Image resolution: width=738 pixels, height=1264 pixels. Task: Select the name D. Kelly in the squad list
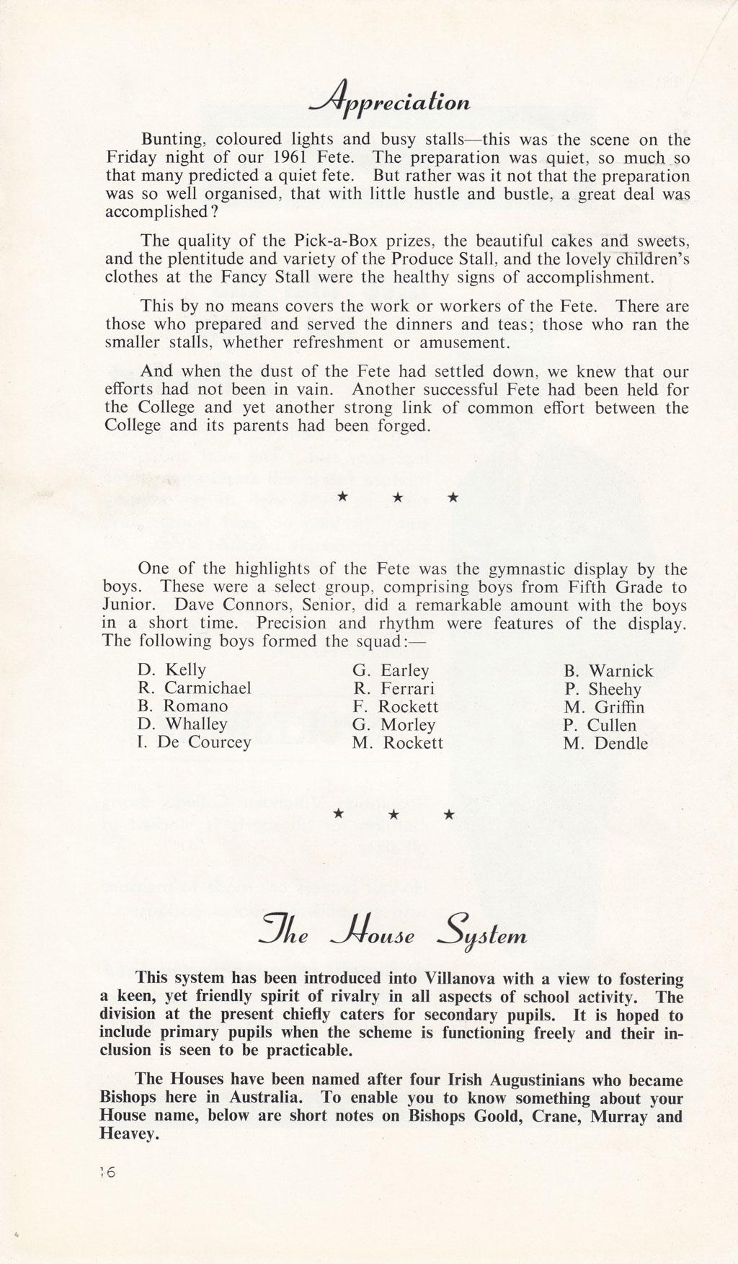point(172,670)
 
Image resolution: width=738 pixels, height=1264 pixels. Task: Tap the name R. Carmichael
point(194,688)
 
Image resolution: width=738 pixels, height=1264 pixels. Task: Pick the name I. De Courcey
point(194,742)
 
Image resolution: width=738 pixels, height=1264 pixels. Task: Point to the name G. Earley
point(391,671)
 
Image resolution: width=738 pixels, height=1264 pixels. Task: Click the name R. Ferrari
point(394,689)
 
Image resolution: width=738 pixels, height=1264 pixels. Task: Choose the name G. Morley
point(394,725)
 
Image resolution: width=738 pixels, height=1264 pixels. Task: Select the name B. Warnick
point(608,672)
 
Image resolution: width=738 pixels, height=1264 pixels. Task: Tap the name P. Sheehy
point(603,690)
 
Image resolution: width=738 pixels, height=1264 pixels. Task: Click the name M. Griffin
point(604,708)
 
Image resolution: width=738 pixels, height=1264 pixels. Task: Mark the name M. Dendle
point(605,744)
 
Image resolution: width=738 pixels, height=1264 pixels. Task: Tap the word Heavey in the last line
point(128,1134)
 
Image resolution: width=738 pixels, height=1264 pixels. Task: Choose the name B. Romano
point(182,706)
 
